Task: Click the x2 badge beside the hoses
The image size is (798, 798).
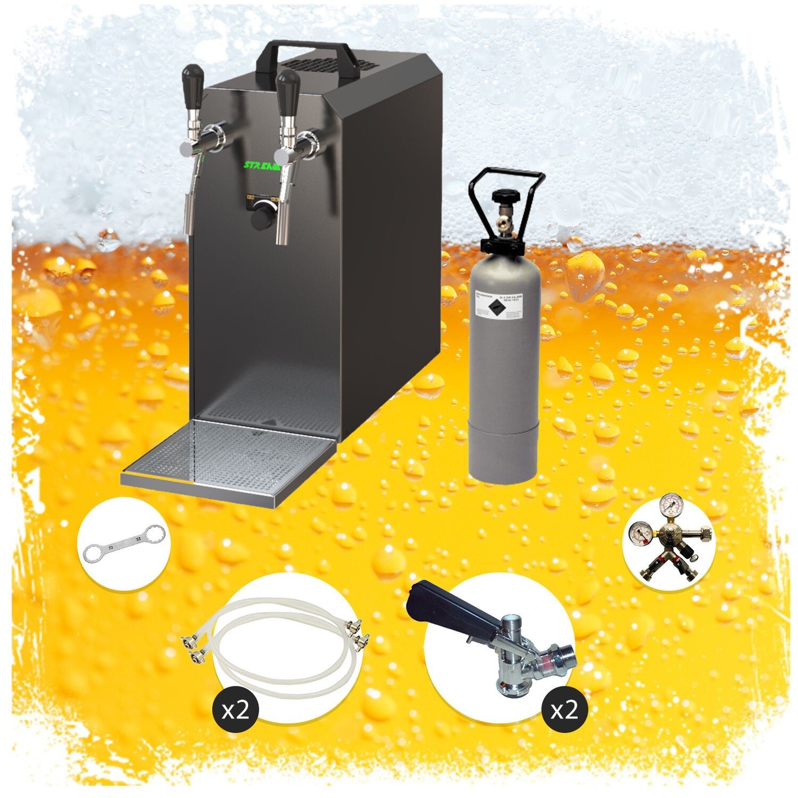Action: tap(235, 711)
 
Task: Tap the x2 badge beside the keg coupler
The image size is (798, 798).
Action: tap(564, 711)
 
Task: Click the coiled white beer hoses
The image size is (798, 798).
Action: tap(282, 649)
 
